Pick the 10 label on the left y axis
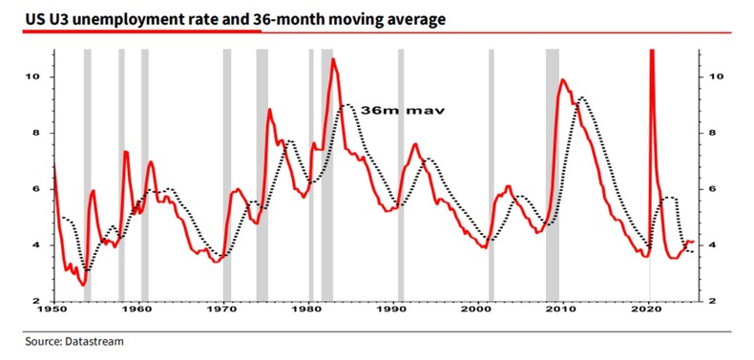[39, 76]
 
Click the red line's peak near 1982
[333, 59]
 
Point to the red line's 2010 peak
[562, 80]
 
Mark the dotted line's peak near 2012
[582, 97]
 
